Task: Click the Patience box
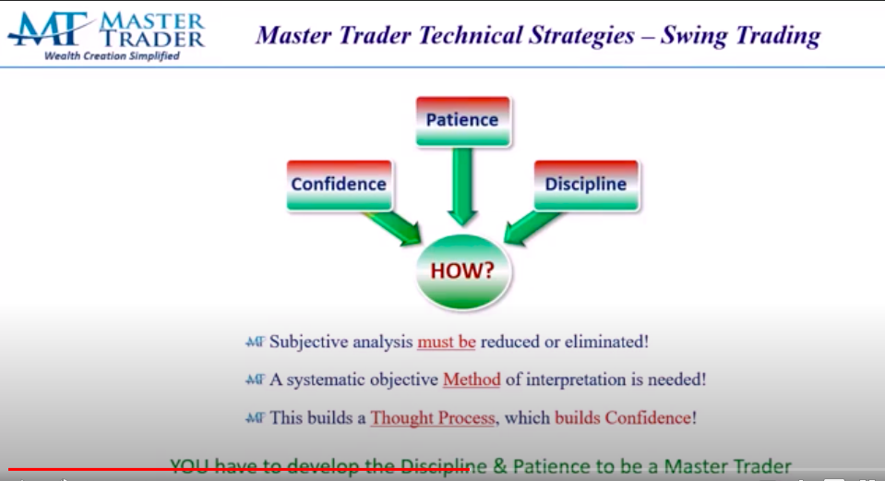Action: point(462,121)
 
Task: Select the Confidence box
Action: point(339,185)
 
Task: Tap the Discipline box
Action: point(585,185)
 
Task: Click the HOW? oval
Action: point(462,271)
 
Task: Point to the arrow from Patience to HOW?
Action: point(462,185)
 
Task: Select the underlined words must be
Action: point(446,342)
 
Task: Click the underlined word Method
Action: point(472,379)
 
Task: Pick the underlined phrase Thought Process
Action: point(433,417)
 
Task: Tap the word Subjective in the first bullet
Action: point(311,342)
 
